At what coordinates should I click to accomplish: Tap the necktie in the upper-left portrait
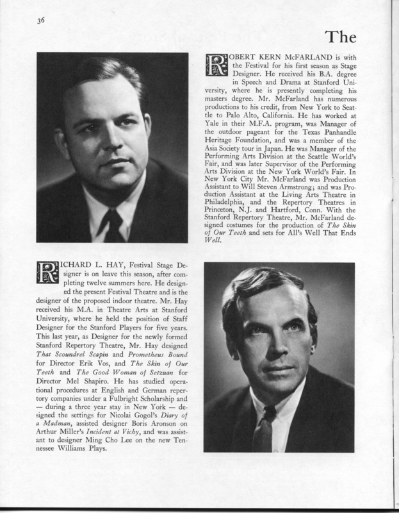(114, 225)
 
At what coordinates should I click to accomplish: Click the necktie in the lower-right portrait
(263, 428)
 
